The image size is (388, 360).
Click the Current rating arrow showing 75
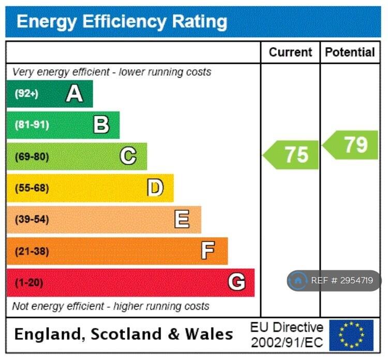(291, 155)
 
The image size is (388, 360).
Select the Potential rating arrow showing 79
(350, 145)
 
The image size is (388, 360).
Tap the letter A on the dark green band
(74, 93)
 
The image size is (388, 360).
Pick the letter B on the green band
(101, 125)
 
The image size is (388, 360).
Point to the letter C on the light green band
(128, 156)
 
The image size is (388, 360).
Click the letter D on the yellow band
(155, 188)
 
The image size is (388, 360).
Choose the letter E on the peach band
(182, 219)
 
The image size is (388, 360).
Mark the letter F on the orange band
(208, 250)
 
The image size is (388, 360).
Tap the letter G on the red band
(236, 282)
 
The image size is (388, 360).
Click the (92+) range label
(26, 94)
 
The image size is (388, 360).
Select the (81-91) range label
(32, 125)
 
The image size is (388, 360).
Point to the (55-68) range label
(32, 188)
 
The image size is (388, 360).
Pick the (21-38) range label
(32, 251)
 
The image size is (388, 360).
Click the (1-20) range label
(29, 283)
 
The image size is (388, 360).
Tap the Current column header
(291, 52)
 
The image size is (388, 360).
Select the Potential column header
(350, 52)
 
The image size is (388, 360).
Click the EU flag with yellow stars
(351, 335)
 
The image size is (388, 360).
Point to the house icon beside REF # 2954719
(298, 280)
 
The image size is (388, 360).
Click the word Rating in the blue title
(200, 22)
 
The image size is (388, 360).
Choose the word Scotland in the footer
(126, 334)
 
